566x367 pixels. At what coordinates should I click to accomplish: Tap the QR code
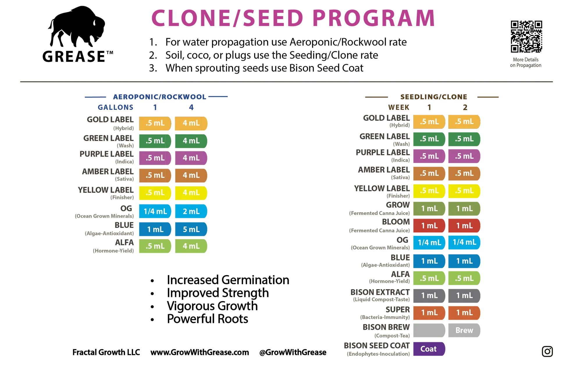pyautogui.click(x=526, y=37)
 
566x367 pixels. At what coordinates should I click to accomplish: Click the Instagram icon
pyautogui.click(x=547, y=351)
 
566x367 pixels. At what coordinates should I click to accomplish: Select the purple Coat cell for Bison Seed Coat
pyautogui.click(x=429, y=349)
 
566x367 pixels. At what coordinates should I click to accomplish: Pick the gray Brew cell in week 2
pyautogui.click(x=464, y=330)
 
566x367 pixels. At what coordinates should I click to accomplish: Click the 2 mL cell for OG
pyautogui.click(x=191, y=211)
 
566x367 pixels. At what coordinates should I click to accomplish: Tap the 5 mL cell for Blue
pyautogui.click(x=191, y=229)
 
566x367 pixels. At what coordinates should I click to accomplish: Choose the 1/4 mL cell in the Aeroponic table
pyautogui.click(x=155, y=211)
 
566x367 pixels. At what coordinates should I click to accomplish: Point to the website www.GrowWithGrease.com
pyautogui.click(x=200, y=352)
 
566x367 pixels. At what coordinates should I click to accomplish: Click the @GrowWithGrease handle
pyautogui.click(x=293, y=352)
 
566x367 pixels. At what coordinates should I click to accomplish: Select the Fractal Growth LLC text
pyautogui.click(x=106, y=352)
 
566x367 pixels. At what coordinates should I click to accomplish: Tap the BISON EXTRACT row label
pyautogui.click(x=380, y=292)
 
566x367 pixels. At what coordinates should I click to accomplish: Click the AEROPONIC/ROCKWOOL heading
pyautogui.click(x=160, y=97)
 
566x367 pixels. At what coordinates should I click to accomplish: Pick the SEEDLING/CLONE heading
pyautogui.click(x=434, y=97)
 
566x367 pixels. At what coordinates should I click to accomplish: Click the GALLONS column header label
pyautogui.click(x=115, y=107)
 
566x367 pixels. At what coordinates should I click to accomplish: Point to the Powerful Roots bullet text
pyautogui.click(x=207, y=319)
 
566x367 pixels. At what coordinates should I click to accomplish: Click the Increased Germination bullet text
pyautogui.click(x=228, y=280)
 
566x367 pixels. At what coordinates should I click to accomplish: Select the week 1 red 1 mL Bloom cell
pyautogui.click(x=429, y=226)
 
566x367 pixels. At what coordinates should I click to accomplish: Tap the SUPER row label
pyautogui.click(x=398, y=310)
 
